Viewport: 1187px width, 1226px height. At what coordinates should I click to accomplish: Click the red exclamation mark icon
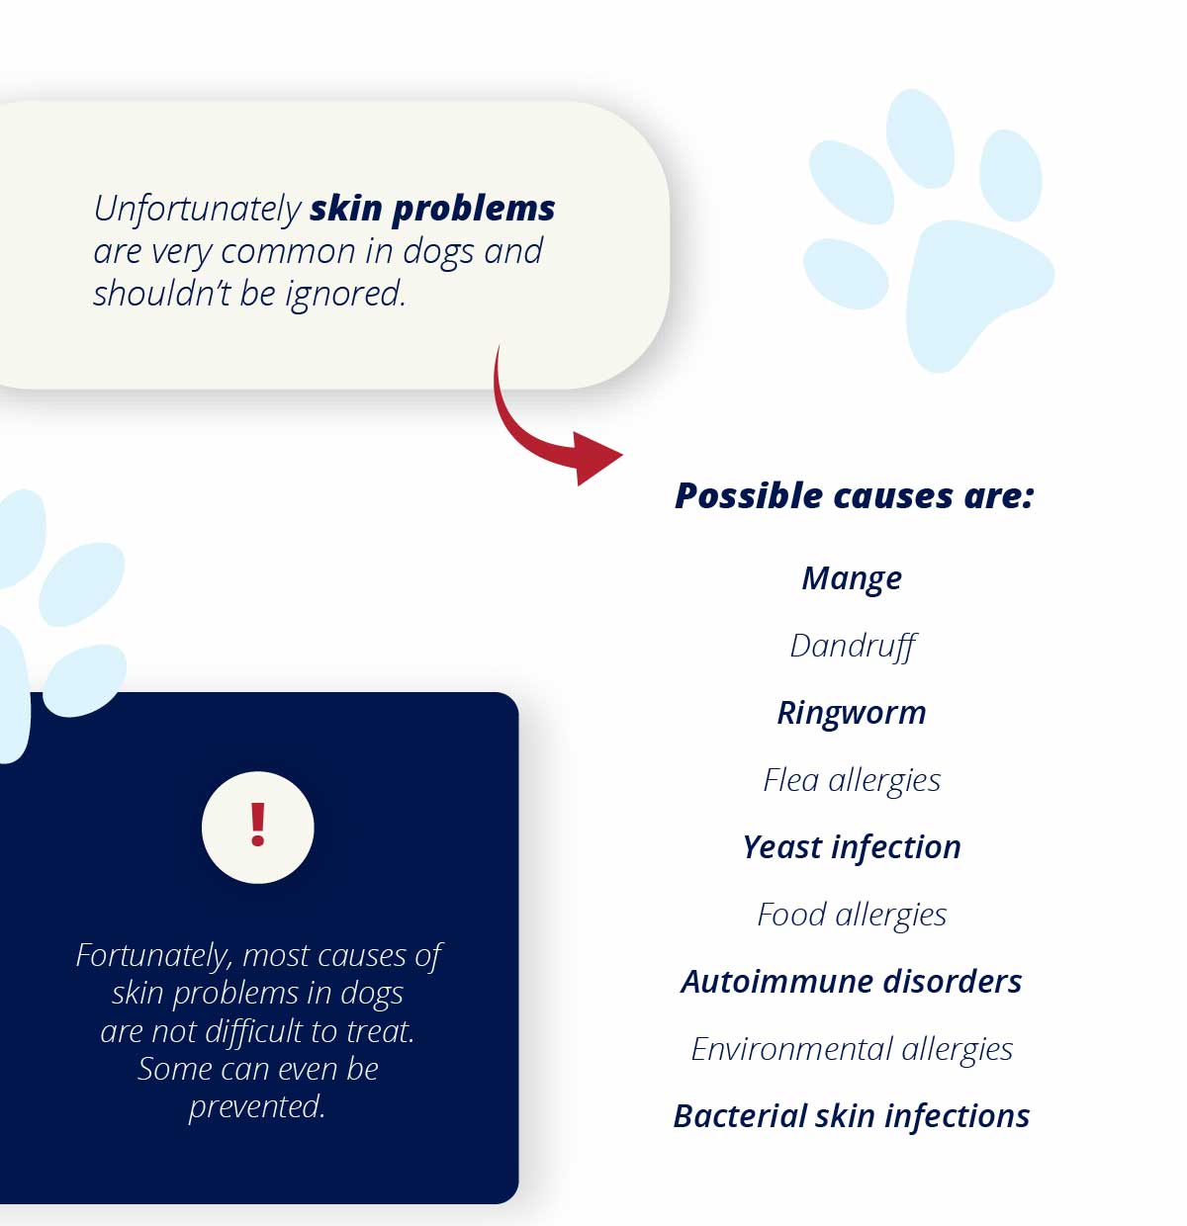click(x=257, y=824)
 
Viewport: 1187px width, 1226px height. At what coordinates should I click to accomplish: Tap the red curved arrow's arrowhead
click(x=595, y=458)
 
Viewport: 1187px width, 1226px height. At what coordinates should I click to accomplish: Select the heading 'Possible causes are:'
click(x=855, y=495)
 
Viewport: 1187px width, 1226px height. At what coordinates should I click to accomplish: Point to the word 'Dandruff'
click(x=853, y=647)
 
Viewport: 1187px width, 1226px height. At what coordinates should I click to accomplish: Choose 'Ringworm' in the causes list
click(x=852, y=714)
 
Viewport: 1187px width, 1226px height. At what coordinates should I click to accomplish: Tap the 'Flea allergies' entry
click(x=852, y=780)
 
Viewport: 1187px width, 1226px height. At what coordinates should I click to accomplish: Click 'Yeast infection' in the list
click(x=852, y=847)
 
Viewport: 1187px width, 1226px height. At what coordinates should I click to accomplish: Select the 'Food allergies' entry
click(x=852, y=915)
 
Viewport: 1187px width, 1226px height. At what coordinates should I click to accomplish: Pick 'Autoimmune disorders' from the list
click(x=852, y=982)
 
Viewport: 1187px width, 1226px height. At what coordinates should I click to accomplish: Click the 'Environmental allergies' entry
click(x=852, y=1050)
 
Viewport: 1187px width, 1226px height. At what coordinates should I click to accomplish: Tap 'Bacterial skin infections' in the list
click(x=852, y=1116)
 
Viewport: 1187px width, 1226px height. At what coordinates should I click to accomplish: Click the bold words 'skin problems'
click(x=432, y=210)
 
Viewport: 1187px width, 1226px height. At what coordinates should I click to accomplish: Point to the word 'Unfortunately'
click(x=197, y=210)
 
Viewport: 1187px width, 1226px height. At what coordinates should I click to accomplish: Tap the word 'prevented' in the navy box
click(x=256, y=1107)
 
